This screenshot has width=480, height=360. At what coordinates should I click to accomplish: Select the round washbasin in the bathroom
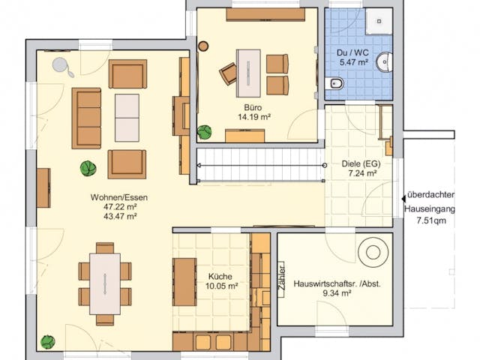tap(384, 61)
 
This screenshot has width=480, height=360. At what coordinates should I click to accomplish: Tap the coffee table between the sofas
tap(127, 118)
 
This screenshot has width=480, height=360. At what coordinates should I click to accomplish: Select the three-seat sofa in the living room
tap(86, 118)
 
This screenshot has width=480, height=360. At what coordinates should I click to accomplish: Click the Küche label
tap(222, 276)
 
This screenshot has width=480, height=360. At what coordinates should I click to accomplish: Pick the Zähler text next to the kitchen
tap(280, 277)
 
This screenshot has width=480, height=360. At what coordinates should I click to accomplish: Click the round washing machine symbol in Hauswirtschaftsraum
tap(371, 253)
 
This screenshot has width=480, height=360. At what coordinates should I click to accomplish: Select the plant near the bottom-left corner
tap(48, 341)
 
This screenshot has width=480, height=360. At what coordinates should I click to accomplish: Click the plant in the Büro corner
tap(204, 132)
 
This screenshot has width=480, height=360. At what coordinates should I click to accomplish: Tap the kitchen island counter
tap(184, 282)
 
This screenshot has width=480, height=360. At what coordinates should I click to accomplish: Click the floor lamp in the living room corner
tap(61, 67)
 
